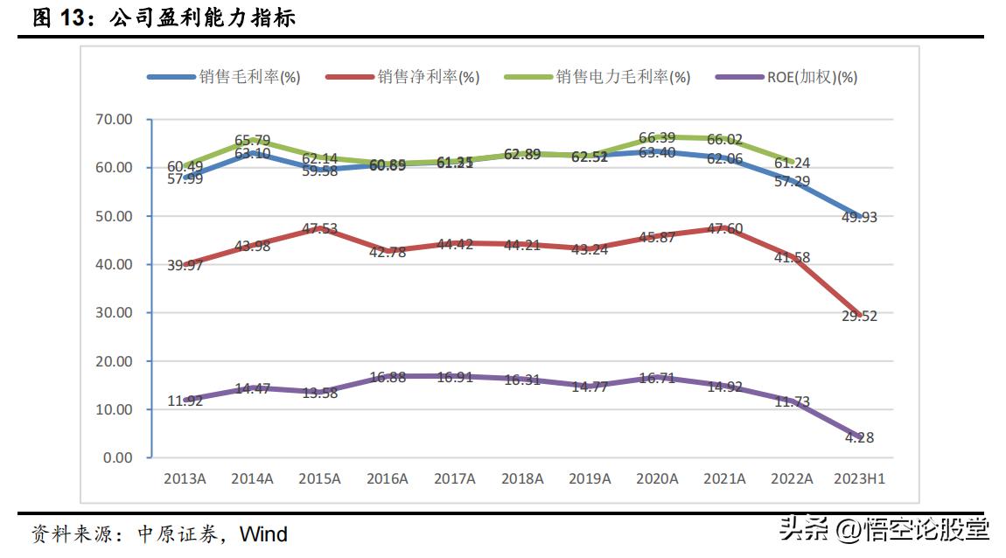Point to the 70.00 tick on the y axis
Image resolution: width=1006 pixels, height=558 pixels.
pyautogui.click(x=114, y=119)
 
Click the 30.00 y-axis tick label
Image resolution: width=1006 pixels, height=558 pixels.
pyautogui.click(x=114, y=312)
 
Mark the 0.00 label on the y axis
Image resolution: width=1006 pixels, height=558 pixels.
pyautogui.click(x=117, y=457)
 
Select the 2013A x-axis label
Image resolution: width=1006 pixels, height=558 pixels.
pyautogui.click(x=185, y=478)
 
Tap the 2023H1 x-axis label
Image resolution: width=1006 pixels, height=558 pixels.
pyautogui.click(x=860, y=478)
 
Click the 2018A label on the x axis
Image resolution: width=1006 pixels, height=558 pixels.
pyautogui.click(x=522, y=478)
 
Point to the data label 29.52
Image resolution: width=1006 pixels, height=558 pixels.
pyautogui.click(x=858, y=317)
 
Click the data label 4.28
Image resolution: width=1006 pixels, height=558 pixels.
pyautogui.click(x=858, y=437)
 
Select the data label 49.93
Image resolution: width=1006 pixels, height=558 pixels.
pyautogui.click(x=858, y=218)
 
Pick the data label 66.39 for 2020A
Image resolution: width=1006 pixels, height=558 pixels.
pyautogui.click(x=657, y=138)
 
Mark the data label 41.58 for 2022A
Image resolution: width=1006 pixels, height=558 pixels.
pyautogui.click(x=791, y=258)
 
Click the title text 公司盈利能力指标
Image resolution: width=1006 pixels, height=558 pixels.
pyautogui.click(x=203, y=17)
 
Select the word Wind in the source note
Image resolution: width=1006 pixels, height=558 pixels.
pyautogui.click(x=263, y=534)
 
